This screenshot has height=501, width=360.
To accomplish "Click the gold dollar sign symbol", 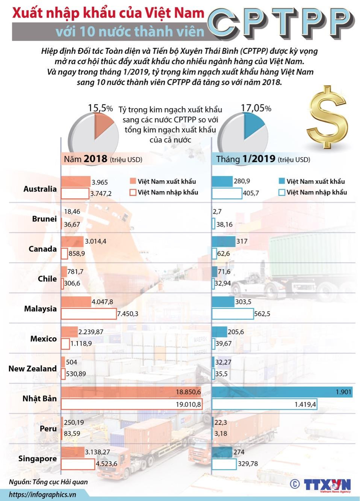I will [327, 117].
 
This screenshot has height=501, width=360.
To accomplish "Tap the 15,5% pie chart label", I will [100, 108].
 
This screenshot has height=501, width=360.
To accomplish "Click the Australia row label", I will [40, 189].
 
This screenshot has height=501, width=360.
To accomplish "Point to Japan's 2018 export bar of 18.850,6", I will [132, 392].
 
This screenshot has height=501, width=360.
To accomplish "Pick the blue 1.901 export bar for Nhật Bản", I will [282, 392].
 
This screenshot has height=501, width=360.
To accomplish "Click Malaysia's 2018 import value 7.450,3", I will [128, 314].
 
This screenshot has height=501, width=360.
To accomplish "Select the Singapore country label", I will [37, 459].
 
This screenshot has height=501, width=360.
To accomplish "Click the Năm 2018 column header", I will [103, 159].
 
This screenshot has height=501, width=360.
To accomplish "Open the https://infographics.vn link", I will [42, 494].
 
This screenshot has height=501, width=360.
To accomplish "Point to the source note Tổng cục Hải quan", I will [48, 482].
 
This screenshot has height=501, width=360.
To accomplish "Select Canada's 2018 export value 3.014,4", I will [95, 241].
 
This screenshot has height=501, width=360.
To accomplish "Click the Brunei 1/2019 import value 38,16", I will [224, 225].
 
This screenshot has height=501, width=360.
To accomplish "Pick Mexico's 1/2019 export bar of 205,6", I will [219, 332].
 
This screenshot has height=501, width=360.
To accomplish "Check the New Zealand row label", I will [32, 368].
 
